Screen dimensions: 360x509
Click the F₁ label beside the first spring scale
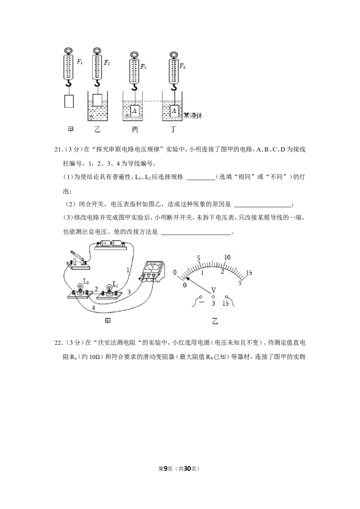click(80, 61)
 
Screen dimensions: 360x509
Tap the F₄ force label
click(183, 66)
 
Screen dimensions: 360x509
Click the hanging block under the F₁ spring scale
click(69, 101)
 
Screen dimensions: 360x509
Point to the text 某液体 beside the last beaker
click(193, 116)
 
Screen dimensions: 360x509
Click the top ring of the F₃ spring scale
click(134, 55)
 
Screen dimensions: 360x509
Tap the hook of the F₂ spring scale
click(97, 84)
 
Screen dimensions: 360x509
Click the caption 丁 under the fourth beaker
click(173, 129)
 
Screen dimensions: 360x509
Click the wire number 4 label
click(94, 308)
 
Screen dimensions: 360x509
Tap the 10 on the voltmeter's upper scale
click(227, 257)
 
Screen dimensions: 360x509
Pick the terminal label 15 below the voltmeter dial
click(225, 304)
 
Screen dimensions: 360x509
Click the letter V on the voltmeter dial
click(213, 290)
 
